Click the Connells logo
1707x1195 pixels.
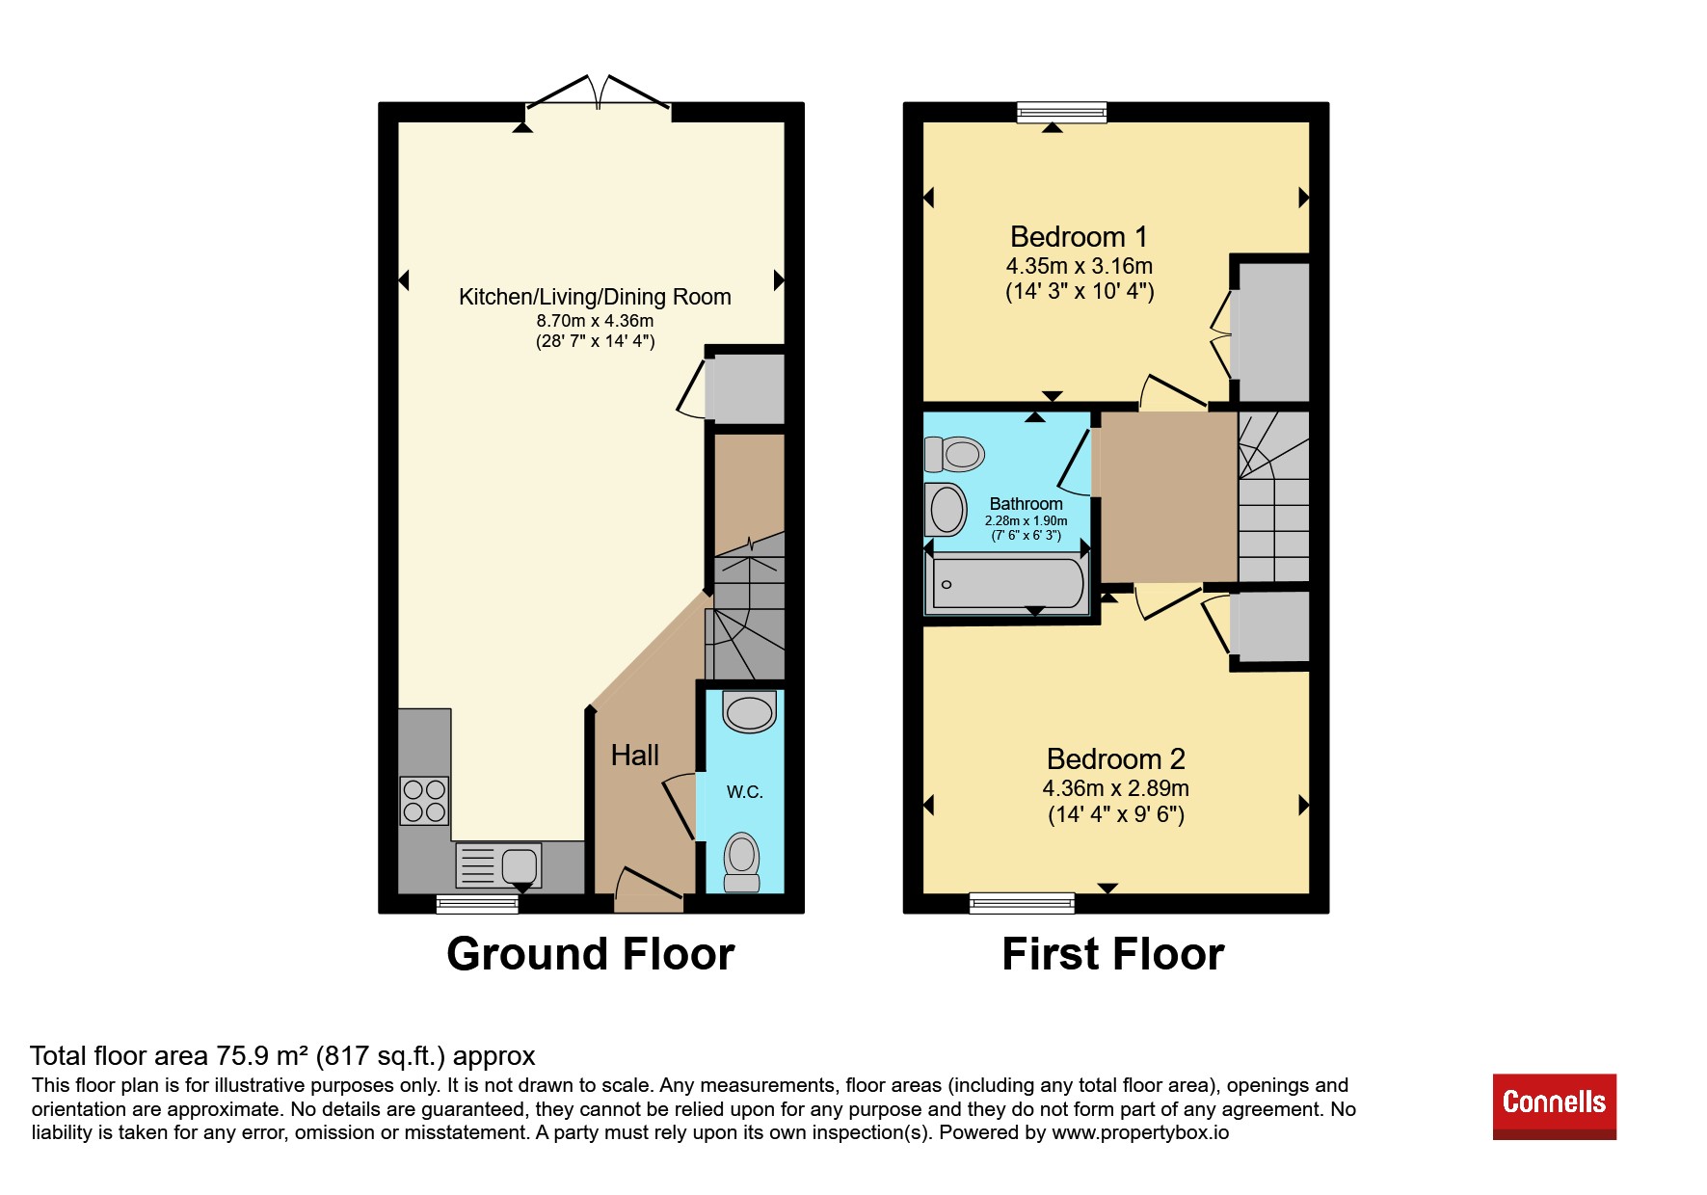pos(1554,1106)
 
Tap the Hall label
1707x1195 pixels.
pos(635,756)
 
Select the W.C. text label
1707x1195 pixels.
pos(744,792)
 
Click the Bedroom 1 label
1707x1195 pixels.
pos(1079,237)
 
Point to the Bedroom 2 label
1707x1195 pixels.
pos(1116,759)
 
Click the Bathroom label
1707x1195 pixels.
pos(1027,504)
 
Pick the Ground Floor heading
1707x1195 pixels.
pos(591,954)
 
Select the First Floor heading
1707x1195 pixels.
pos(1113,954)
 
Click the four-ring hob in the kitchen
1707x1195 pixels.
pos(424,801)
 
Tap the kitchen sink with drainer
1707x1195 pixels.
pos(498,864)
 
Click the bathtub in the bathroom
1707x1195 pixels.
pos(1008,584)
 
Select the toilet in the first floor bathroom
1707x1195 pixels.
pos(954,453)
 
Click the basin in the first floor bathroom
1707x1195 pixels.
pos(946,509)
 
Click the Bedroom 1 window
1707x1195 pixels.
pos(1062,113)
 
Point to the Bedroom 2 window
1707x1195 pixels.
pos(1022,903)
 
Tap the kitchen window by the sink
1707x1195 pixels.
pos(477,904)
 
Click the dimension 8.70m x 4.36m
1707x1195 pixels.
pos(596,321)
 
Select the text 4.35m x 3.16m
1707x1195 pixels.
pos(1080,266)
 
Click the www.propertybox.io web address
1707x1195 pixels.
pos(1140,1132)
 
